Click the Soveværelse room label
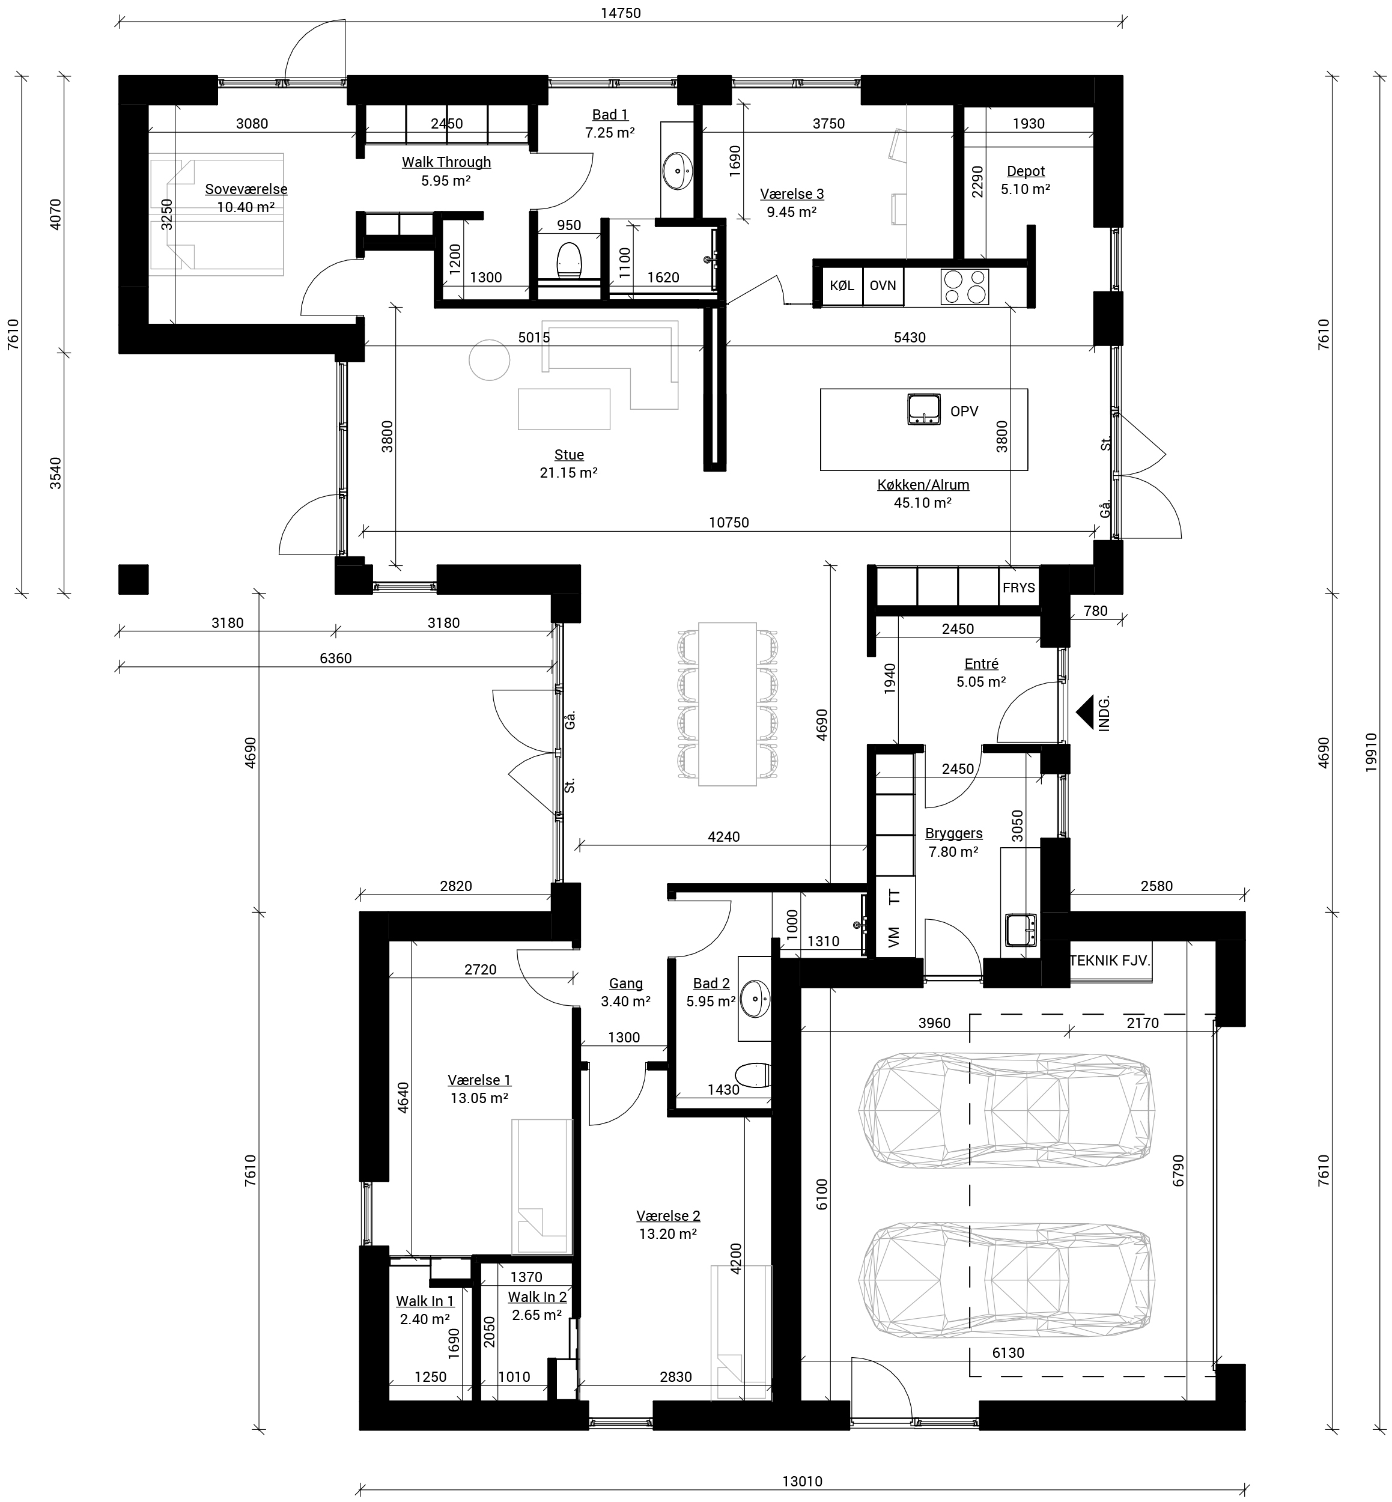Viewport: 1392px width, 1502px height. point(246,190)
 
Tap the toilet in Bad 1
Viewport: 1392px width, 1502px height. point(570,261)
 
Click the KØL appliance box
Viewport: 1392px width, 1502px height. point(842,285)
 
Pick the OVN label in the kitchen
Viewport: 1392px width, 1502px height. point(883,285)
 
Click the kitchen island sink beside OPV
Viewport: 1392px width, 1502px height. point(923,409)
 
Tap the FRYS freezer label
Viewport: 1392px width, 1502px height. point(1018,588)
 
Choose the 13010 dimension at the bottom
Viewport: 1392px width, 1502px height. point(802,1481)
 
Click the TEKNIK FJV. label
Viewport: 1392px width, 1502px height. point(1110,961)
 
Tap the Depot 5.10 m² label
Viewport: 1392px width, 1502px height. point(1025,180)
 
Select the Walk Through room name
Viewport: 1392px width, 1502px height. point(446,162)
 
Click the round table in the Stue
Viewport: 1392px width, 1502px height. point(490,360)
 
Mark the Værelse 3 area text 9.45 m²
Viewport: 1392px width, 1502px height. point(792,211)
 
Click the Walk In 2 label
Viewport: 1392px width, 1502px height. point(537,1297)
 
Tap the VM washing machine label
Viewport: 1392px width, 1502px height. point(894,938)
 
